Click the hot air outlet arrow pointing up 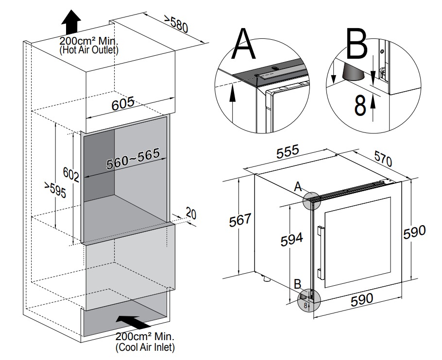click(72, 22)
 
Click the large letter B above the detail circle click(357, 44)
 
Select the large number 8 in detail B click(359, 105)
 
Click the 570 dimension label click(383, 159)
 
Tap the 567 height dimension click(240, 219)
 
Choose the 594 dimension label click(292, 239)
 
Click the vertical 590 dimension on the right click(414, 232)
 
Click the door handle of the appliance click(320, 252)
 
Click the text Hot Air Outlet click(89, 49)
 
